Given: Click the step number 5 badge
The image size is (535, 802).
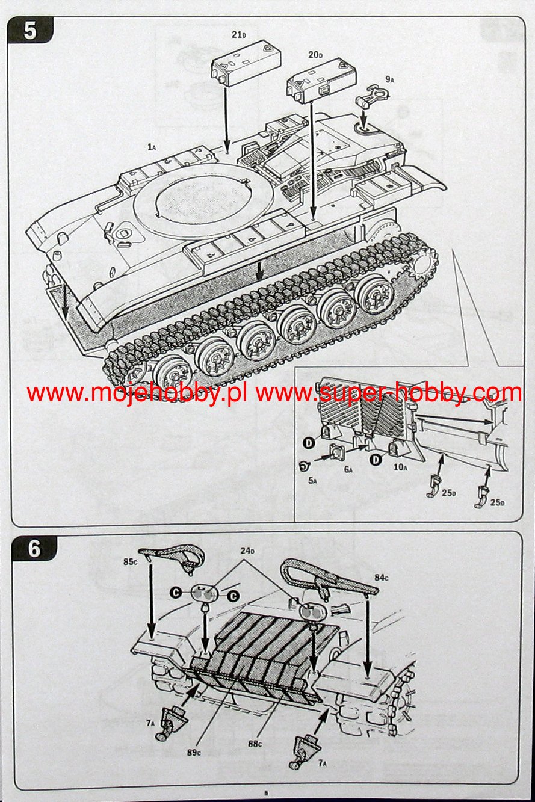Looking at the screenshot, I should click(x=30, y=31).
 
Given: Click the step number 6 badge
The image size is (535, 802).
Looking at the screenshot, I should click(x=34, y=549).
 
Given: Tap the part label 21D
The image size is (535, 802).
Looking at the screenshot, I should click(x=239, y=35).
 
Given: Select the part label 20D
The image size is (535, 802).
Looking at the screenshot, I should click(x=315, y=55).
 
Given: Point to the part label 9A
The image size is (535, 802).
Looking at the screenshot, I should click(x=389, y=79).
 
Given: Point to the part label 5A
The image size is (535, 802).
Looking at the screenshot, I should click(x=312, y=481).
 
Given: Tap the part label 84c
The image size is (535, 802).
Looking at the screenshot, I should click(x=382, y=578).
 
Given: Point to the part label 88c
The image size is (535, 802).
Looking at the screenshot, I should click(x=255, y=744).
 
